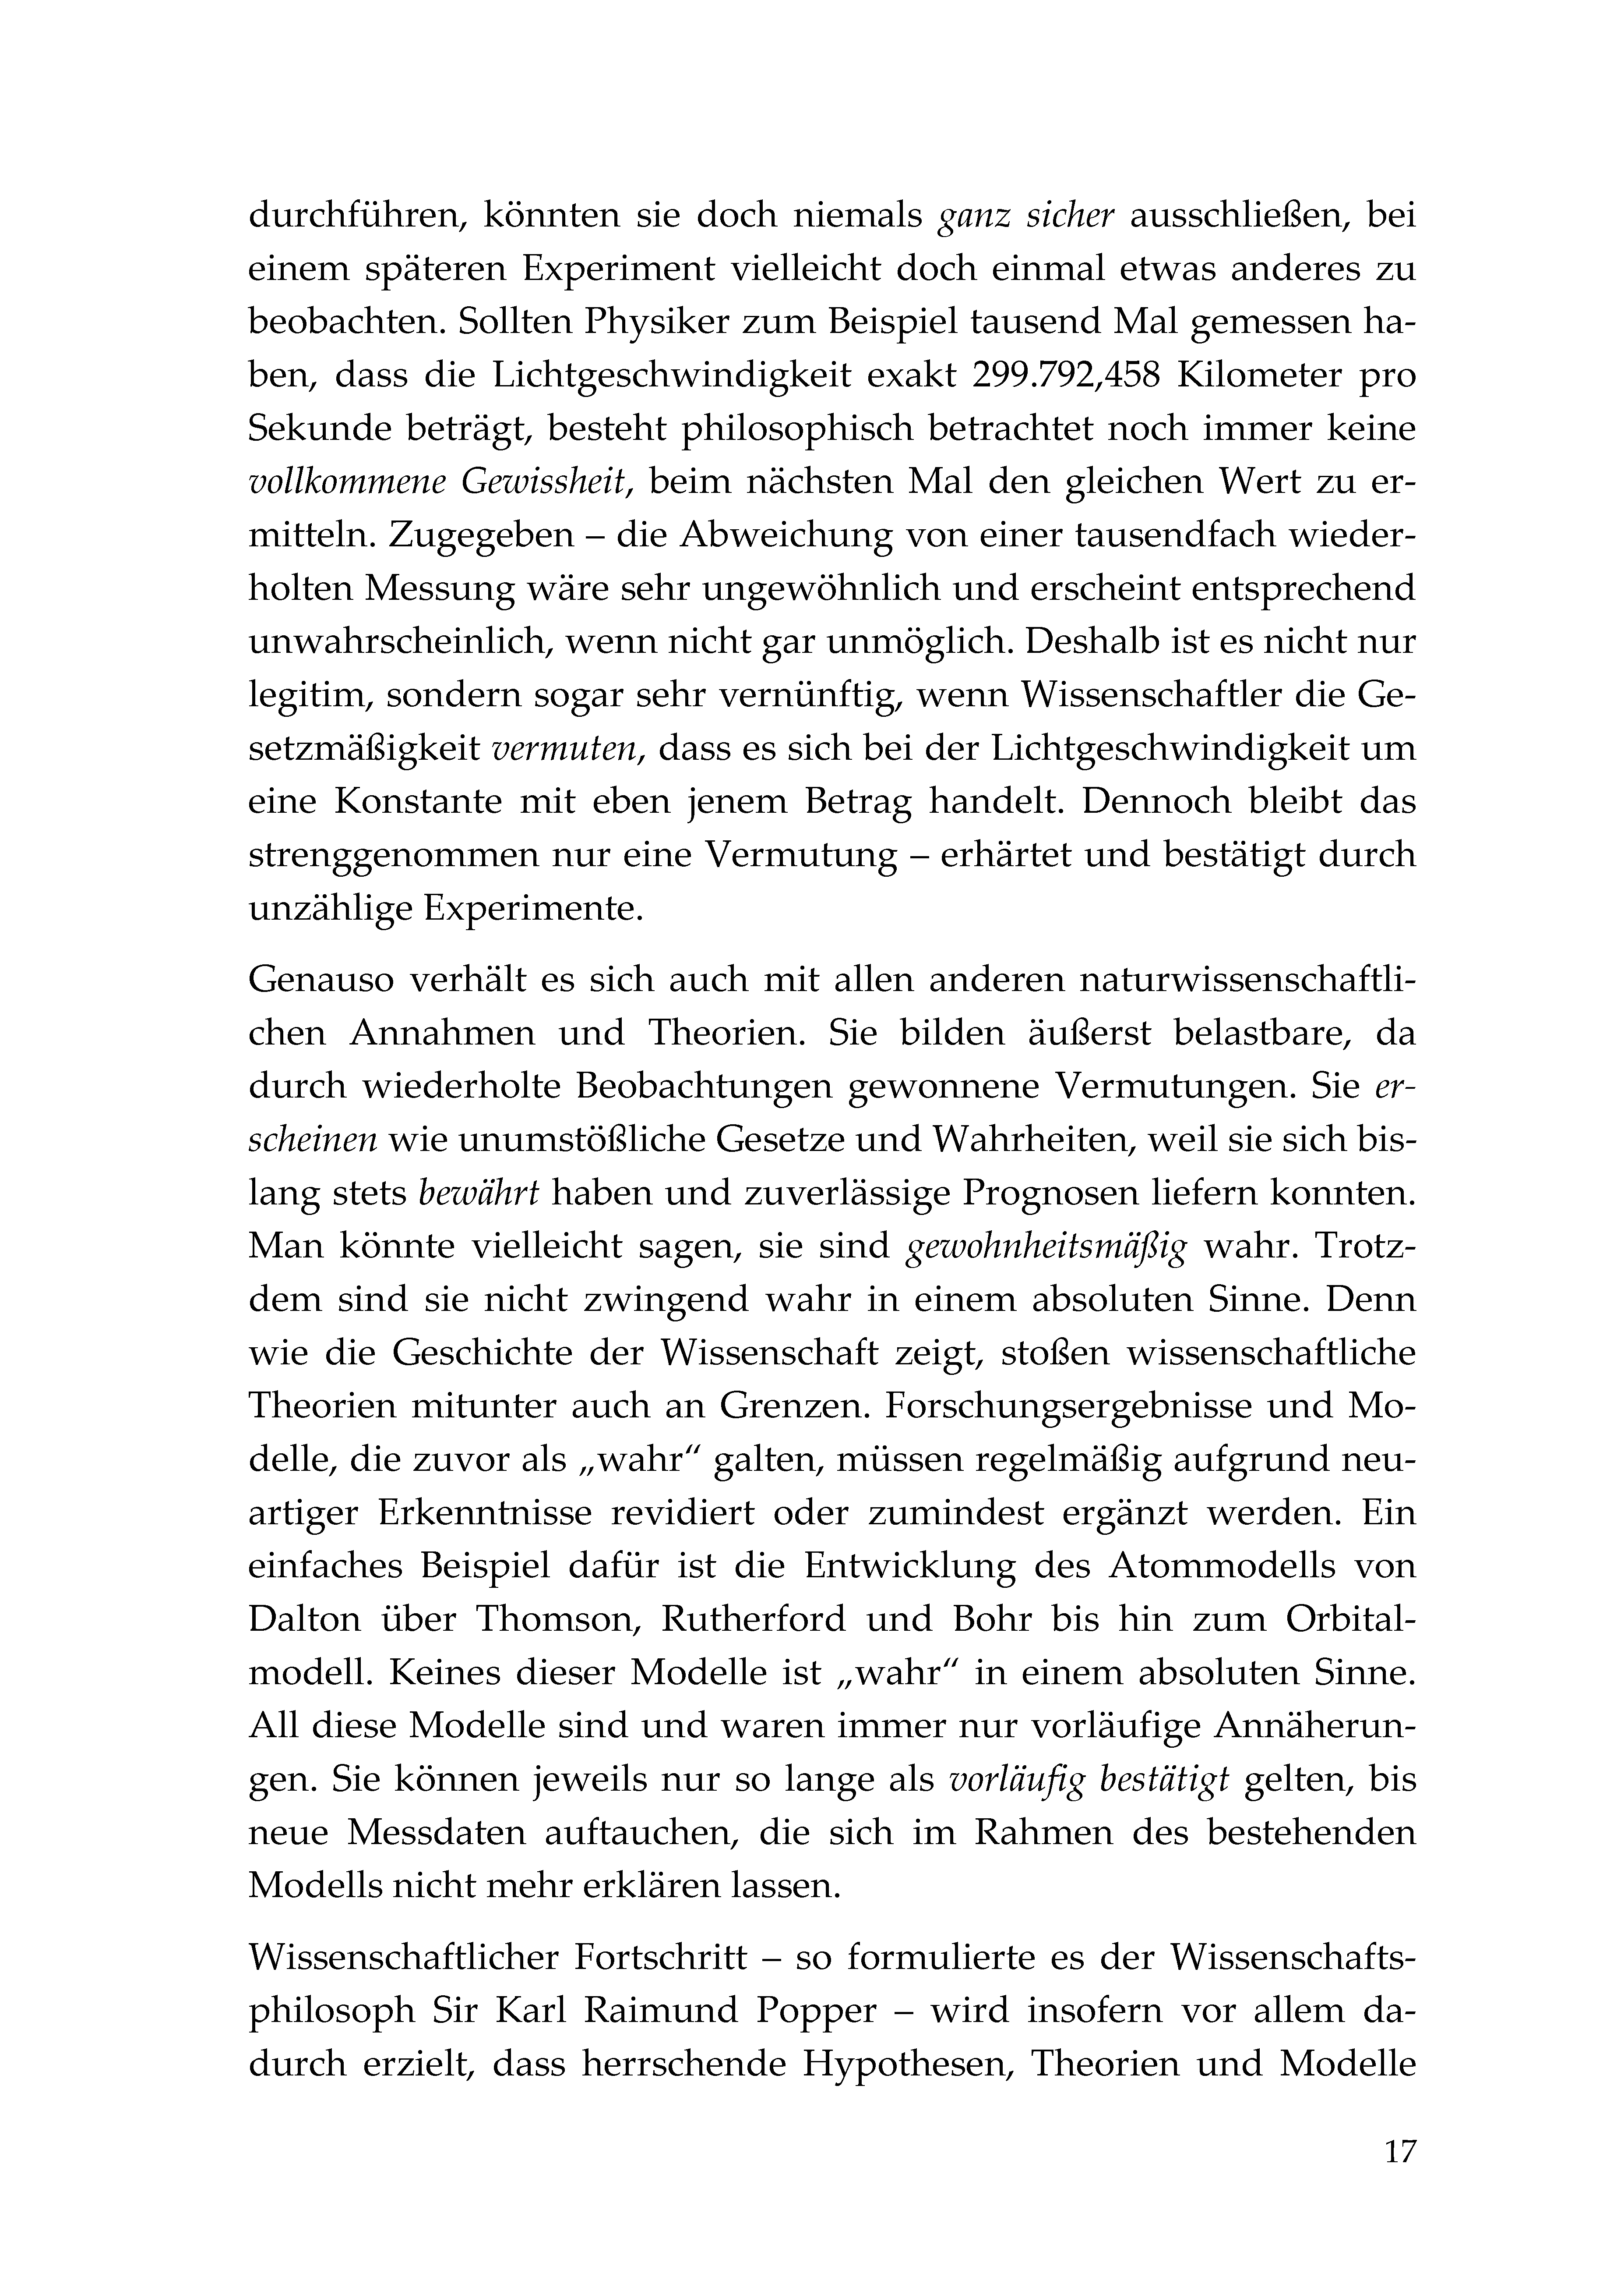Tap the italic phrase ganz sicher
pos(1026,216)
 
